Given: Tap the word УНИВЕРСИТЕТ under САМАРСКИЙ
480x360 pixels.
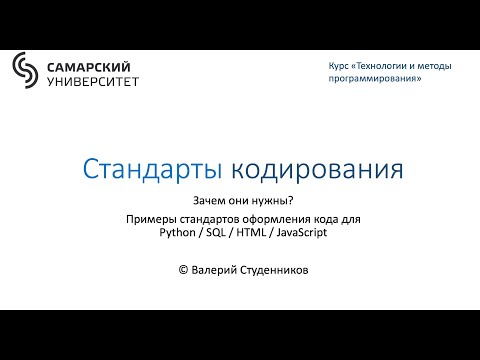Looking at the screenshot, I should coord(93,80).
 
